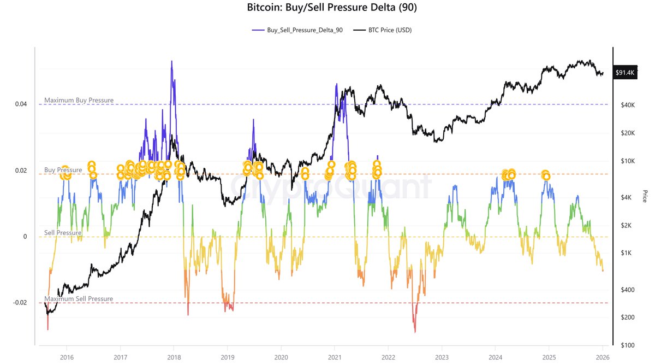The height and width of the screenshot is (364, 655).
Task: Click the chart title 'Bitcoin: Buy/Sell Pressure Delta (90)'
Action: pos(327,8)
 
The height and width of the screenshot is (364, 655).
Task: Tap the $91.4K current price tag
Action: pos(624,72)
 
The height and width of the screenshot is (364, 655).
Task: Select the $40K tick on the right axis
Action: pos(623,104)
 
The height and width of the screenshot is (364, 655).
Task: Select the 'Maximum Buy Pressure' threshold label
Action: pos(79,100)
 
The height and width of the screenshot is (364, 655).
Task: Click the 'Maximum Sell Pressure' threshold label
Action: pos(79,299)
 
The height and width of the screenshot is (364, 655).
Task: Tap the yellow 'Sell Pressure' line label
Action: pos(63,233)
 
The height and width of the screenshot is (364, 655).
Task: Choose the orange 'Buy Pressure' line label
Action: pos(63,170)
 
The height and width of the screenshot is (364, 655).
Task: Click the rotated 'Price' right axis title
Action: pos(645,196)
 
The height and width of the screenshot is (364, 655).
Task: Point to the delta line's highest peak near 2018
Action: pos(172,61)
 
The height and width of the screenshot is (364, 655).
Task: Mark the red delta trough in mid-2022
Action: pos(415,331)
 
